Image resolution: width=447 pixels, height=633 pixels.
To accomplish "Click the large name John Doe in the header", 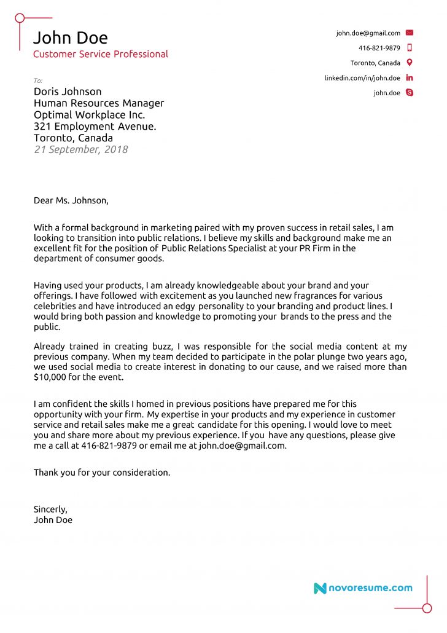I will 70,38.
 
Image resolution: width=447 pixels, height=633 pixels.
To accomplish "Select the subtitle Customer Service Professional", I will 100,54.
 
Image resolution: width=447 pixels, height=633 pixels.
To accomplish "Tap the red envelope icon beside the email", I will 410,33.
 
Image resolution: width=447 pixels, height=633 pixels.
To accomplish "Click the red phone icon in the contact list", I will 410,48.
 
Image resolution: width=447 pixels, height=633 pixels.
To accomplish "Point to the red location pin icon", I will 410,63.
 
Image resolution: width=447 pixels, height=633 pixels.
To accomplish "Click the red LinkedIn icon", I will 410,78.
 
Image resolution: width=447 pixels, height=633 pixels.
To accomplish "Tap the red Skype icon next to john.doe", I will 410,93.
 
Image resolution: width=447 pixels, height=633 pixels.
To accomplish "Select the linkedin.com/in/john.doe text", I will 362,78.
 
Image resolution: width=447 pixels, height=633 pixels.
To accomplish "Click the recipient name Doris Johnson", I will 68,92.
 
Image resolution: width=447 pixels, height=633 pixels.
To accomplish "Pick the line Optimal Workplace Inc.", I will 89,115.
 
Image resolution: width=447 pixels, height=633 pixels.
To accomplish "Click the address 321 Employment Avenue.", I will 95,127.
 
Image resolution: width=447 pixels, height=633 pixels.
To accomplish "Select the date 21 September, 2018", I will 80,149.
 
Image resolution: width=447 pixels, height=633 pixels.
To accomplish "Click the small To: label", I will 38,81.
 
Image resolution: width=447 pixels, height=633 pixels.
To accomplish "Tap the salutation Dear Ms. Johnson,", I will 71,200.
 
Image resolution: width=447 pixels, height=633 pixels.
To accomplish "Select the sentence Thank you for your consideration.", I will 102,473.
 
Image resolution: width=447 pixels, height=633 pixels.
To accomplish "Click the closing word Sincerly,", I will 50,509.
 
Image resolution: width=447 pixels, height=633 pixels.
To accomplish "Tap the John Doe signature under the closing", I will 53,520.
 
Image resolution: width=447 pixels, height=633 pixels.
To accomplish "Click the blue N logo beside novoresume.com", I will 320,588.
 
